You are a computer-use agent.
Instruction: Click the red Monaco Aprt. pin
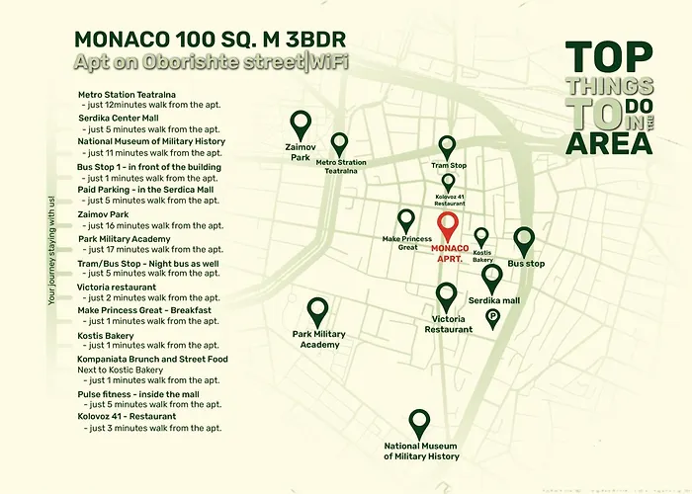pos(449,226)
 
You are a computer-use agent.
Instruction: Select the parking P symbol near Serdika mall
pos(492,317)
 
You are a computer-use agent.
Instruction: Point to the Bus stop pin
pos(524,241)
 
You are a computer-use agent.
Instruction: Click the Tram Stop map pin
pos(447,147)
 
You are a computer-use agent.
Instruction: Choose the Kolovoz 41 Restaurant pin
pos(448,183)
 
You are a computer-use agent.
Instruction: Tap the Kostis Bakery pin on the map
pos(481,237)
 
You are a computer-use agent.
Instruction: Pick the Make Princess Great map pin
pos(405,219)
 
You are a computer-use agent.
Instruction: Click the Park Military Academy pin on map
pos(317,312)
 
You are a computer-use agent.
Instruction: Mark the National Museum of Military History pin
pos(420,424)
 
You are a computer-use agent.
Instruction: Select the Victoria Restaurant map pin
pos(446,296)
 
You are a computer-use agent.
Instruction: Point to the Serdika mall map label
pos(494,300)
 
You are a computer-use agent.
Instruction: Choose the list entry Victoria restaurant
pos(117,288)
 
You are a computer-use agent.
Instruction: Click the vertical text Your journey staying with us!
pos(51,251)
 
